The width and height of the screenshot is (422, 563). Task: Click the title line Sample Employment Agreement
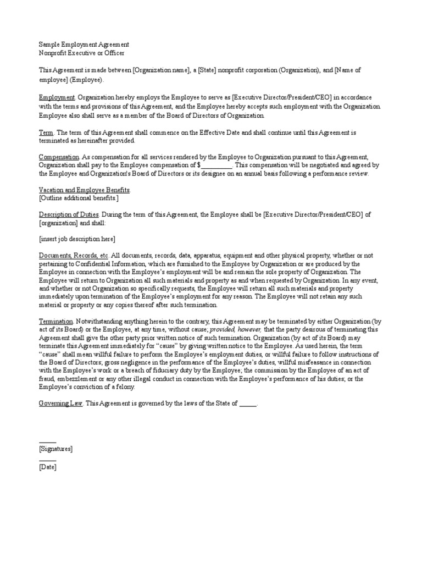(x=84, y=45)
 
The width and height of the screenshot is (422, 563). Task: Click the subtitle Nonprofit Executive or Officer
(x=81, y=53)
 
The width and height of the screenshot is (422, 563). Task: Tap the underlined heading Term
(x=46, y=133)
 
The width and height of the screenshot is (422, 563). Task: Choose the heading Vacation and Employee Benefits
(x=84, y=190)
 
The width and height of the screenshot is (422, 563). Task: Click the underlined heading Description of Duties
(x=69, y=214)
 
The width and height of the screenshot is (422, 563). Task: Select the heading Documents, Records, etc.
(x=74, y=256)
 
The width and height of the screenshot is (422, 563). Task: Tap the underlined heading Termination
(x=56, y=321)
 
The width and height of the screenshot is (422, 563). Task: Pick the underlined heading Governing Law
(x=60, y=403)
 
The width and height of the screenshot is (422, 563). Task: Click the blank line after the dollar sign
(x=217, y=165)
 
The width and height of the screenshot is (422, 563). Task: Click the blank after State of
(x=248, y=403)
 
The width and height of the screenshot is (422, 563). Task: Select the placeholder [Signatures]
(x=56, y=449)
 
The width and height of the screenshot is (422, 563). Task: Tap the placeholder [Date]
(x=47, y=467)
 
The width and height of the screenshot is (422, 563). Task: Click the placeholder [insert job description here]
(x=77, y=239)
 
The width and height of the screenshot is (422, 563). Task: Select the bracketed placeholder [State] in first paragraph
(x=208, y=71)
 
